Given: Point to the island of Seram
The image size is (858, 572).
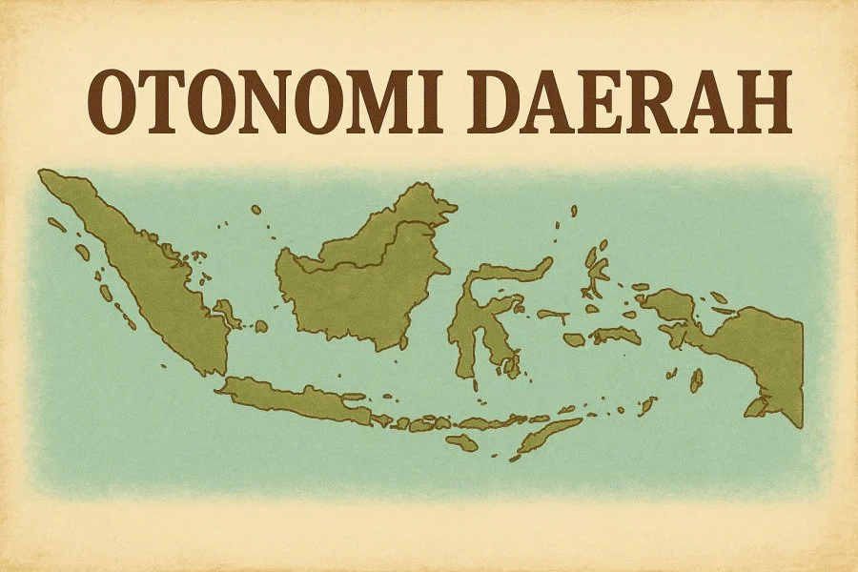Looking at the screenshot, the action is pos(615,335).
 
